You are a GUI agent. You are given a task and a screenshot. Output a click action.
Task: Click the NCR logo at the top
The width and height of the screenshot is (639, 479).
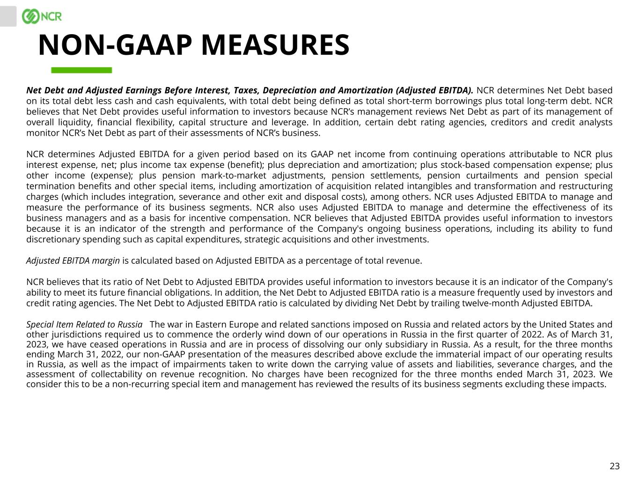[x=42, y=16]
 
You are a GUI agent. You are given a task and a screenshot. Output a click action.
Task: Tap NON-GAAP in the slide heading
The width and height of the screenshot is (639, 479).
[x=115, y=45]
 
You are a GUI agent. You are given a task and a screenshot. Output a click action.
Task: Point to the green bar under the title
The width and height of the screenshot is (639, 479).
[x=81, y=70]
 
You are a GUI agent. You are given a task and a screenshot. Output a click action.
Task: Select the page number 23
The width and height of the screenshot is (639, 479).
[x=615, y=466]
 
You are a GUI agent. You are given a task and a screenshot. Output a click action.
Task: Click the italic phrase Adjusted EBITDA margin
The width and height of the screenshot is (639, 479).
[x=73, y=261]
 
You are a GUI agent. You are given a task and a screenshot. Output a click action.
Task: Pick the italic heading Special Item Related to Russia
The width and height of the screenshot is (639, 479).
[x=84, y=325]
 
